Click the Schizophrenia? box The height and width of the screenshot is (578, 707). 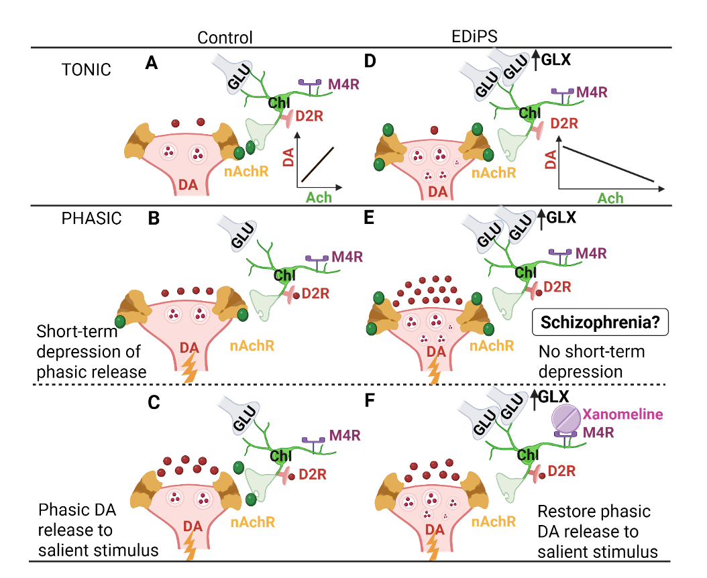(x=600, y=323)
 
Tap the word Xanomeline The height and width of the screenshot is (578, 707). (x=622, y=414)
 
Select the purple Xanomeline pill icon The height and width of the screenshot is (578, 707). (x=566, y=418)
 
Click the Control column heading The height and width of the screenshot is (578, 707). (x=225, y=38)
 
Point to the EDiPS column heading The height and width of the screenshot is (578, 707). (x=474, y=36)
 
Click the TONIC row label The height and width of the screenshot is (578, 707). (x=86, y=70)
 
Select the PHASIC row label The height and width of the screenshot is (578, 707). (x=91, y=218)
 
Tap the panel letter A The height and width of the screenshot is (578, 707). (x=152, y=63)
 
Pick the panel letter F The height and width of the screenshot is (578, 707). (x=370, y=400)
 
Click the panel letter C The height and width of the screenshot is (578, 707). (x=154, y=402)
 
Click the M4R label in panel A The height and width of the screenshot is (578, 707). (x=343, y=84)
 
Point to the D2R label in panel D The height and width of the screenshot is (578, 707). (x=564, y=123)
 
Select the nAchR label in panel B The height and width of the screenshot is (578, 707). (x=252, y=346)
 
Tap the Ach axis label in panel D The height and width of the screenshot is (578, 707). (x=610, y=198)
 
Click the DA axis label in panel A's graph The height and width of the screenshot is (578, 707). (x=288, y=157)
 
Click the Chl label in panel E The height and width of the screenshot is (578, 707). (x=526, y=272)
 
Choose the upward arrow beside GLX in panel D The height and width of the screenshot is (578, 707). (x=535, y=60)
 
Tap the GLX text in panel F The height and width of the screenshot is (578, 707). (x=553, y=396)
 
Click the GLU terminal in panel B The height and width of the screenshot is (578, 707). (x=238, y=232)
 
